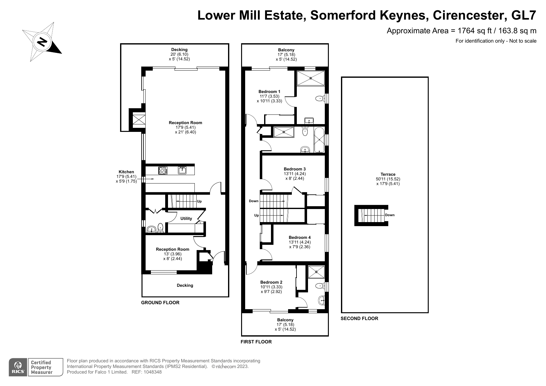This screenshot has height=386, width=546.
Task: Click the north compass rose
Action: pos(42,42)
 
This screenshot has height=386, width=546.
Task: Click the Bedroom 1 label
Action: pos(269,91)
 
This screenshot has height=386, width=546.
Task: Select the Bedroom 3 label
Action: pos(295,169)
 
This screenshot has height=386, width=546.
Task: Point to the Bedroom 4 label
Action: pos(300,238)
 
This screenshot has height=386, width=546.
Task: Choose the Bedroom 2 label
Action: pos(271,282)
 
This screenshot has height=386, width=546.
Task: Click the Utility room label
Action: pos(186,219)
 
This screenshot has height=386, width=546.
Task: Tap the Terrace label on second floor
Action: pos(388,174)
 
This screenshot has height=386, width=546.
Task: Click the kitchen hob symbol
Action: pos(163,170)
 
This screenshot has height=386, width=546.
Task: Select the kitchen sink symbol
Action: pos(182,170)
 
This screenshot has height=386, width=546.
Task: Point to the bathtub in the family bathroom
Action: pos(319,140)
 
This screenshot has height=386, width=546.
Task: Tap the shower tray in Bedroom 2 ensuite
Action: pos(316,272)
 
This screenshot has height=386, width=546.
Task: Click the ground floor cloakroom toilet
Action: pos(161,228)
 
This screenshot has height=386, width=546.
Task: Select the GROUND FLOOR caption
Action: pos(160,303)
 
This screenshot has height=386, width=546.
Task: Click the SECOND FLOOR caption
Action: pos(359,319)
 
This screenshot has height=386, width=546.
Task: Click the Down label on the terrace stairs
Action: pos(390,215)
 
